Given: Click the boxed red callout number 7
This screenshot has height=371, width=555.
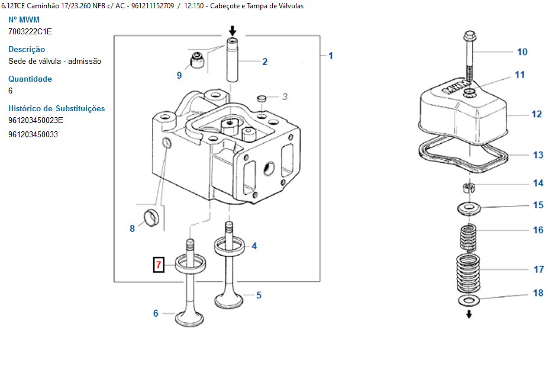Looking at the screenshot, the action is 159,264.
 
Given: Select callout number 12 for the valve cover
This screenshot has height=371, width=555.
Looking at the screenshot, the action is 537,114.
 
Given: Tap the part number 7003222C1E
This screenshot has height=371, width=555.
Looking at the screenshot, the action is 30,31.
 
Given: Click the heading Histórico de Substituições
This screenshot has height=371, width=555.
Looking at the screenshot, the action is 57,108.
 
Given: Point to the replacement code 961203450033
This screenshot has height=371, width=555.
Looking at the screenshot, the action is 33,134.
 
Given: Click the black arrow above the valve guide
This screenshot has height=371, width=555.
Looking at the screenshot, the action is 232,30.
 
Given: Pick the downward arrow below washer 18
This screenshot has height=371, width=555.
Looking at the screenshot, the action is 469,314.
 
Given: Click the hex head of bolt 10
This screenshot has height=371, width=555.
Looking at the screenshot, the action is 469,36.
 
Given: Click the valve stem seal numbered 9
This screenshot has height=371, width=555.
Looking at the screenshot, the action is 197,60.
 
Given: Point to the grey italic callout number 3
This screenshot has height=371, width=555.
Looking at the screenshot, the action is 285,96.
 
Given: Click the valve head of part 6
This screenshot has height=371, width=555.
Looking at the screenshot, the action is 190,318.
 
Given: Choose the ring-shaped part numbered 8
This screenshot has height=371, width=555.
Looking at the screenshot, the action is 151,218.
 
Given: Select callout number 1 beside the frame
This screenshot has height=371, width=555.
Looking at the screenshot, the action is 331,56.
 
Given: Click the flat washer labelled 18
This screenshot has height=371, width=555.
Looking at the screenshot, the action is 469,301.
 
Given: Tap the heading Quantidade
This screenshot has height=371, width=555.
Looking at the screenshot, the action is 30,79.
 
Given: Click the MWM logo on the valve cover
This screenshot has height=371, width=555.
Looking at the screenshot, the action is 454,88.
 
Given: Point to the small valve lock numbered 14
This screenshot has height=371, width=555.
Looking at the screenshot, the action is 469,187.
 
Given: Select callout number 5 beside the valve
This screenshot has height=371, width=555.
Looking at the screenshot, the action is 259,295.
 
